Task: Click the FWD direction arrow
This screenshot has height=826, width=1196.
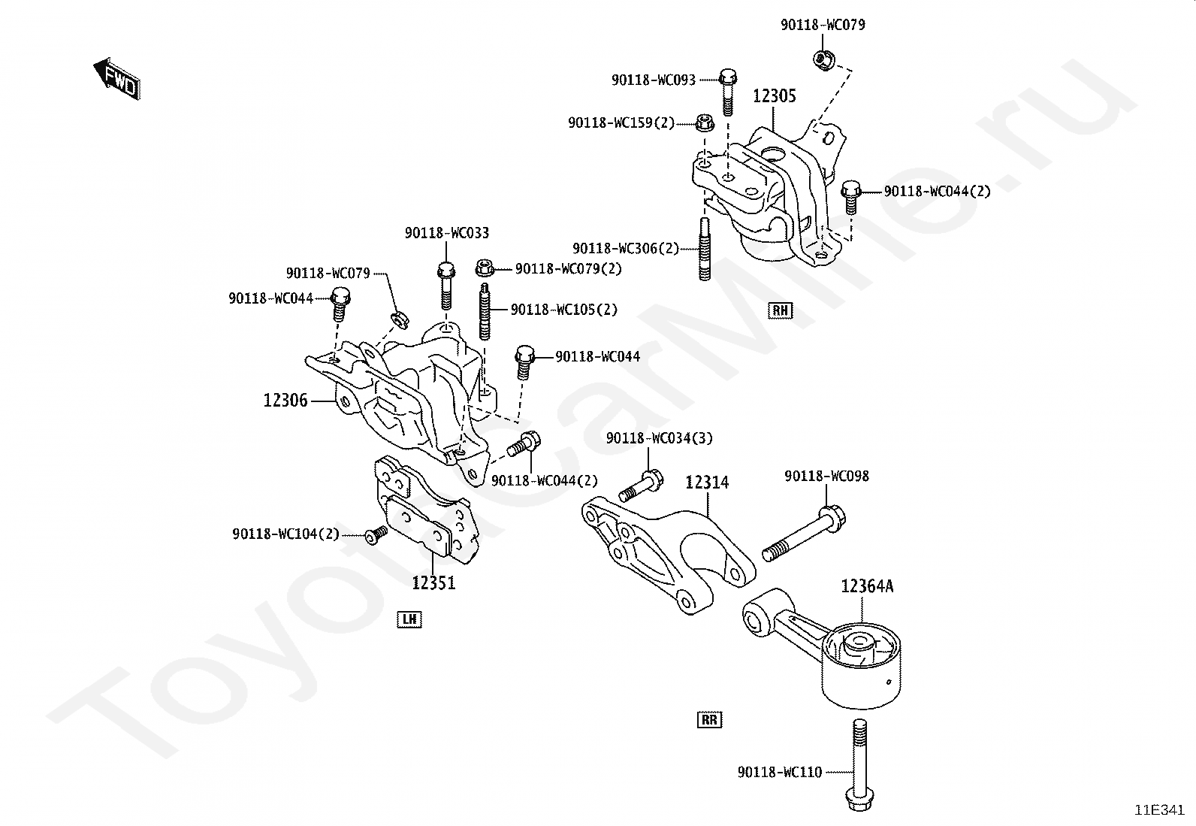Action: [117, 79]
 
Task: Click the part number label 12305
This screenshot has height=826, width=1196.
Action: [775, 96]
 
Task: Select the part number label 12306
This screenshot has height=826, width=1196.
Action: [285, 400]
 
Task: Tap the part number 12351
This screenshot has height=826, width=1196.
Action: [433, 582]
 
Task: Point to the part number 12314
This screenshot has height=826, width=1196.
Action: [707, 483]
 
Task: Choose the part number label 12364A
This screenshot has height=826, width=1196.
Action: [867, 587]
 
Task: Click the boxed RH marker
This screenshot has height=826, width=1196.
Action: [780, 310]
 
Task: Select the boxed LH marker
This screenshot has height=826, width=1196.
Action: [409, 619]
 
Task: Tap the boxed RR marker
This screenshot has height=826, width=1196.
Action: [710, 720]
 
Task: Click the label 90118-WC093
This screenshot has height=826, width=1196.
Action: [654, 80]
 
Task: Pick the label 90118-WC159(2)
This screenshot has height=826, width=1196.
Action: [621, 123]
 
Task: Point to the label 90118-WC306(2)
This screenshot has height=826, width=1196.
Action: [626, 249]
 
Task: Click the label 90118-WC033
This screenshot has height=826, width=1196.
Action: [447, 233]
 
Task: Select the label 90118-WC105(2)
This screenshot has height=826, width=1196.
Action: [564, 310]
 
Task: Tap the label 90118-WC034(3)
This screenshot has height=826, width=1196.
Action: [660, 438]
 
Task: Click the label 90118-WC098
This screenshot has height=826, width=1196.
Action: [826, 476]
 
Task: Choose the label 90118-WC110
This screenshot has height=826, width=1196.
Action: [780, 772]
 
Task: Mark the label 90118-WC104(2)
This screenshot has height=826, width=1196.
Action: [285, 534]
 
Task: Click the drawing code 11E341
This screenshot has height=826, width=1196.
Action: [1159, 810]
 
